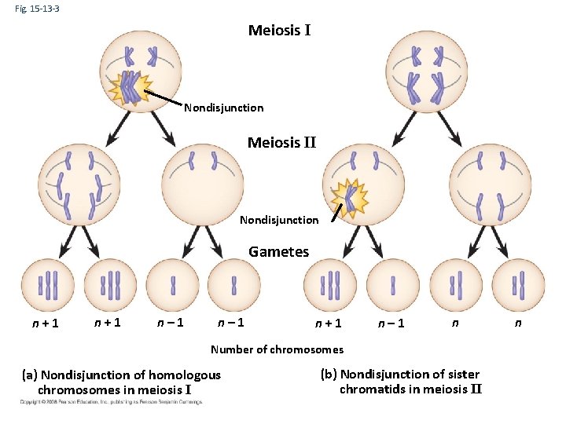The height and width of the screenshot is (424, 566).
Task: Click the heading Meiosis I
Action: coord(279,31)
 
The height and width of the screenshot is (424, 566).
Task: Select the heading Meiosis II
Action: coord(281,143)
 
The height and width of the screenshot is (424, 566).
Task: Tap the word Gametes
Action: coord(278,252)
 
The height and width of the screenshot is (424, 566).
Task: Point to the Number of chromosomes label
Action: coord(277,349)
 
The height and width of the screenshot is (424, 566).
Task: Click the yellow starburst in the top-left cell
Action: coord(130,88)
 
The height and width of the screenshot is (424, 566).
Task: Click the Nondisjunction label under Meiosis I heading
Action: coord(223,108)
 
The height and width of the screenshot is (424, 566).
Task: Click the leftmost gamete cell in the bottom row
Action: coord(47,284)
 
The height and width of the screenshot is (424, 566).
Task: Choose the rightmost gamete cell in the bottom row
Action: coord(518,284)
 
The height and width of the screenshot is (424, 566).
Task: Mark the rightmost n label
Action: coord(517,321)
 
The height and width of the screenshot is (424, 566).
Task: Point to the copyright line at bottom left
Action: coord(111,402)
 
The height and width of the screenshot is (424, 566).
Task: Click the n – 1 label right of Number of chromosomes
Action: coord(391,323)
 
